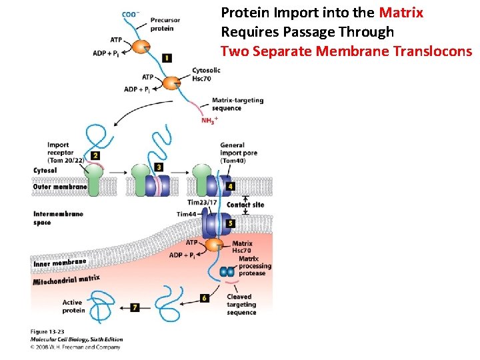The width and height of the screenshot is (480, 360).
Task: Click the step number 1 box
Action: pyautogui.click(x=167, y=59)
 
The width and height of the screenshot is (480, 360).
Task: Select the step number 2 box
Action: pyautogui.click(x=95, y=155)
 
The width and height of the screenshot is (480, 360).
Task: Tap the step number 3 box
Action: pyautogui.click(x=159, y=167)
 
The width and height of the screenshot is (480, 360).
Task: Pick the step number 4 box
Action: pyautogui.click(x=231, y=186)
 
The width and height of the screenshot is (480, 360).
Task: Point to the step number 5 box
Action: pyautogui.click(x=231, y=223)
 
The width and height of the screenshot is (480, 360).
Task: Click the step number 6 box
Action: pyautogui.click(x=204, y=298)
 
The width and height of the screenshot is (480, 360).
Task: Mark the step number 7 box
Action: pyautogui.click(x=135, y=307)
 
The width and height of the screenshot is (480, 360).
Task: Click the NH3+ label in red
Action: pyautogui.click(x=209, y=121)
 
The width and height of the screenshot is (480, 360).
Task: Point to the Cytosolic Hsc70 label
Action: pyautogui.click(x=206, y=74)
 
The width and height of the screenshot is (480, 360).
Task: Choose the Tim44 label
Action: pyautogui.click(x=187, y=214)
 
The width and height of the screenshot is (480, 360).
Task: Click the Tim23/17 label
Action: pyautogui.click(x=202, y=203)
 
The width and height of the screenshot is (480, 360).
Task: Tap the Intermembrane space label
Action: pyautogui.click(x=58, y=218)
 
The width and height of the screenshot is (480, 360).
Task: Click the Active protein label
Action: pyautogui.click(x=73, y=307)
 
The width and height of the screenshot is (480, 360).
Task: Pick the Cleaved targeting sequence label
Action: pyautogui.click(x=241, y=305)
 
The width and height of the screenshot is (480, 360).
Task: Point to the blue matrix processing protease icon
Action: pyautogui.click(x=227, y=272)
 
